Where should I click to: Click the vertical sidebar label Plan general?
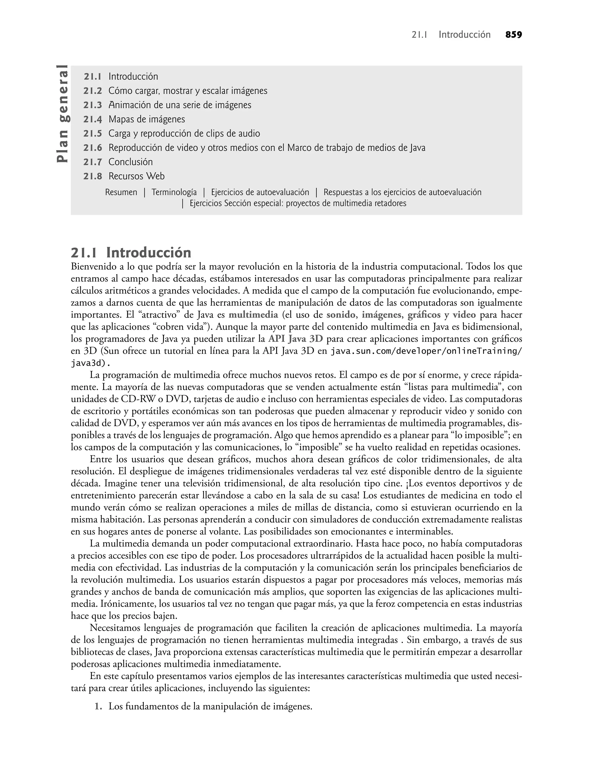[63, 114]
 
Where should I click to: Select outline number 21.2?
[93, 91]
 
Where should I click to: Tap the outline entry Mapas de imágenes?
[146, 119]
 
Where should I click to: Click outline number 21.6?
[93, 148]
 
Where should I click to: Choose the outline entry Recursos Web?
[136, 177]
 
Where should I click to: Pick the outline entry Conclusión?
[131, 162]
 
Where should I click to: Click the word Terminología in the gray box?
[174, 193]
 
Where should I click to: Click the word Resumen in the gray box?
[121, 193]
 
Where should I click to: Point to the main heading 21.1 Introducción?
[131, 253]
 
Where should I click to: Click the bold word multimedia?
[253, 315]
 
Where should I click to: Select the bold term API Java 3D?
[296, 339]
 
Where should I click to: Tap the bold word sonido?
[341, 315]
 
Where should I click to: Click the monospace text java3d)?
[91, 363]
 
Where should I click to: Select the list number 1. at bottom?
[99, 707]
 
